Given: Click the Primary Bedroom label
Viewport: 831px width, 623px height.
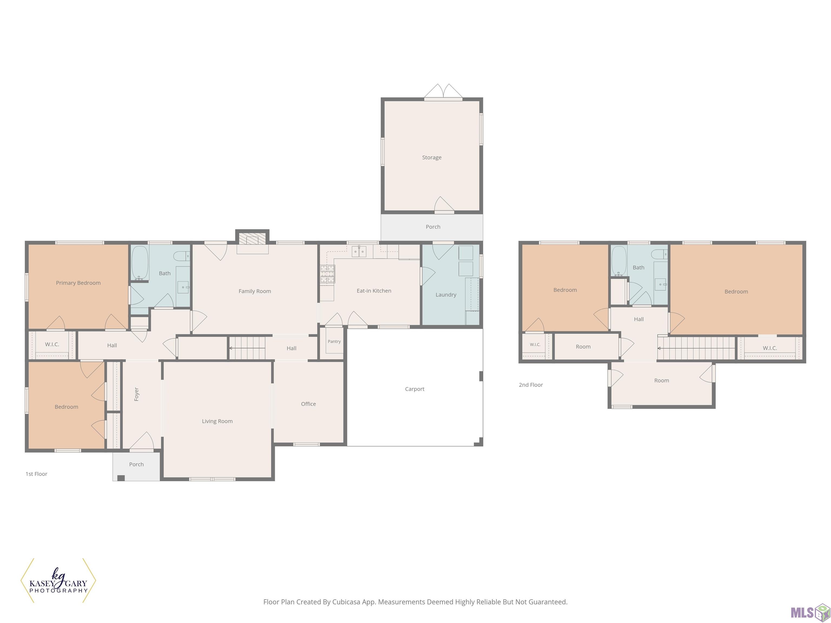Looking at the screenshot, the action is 78,283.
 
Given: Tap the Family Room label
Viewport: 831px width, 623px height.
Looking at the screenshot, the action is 255,291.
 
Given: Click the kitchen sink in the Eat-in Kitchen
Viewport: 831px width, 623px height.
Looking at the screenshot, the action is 359,251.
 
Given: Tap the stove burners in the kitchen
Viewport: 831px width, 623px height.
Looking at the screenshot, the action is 328,274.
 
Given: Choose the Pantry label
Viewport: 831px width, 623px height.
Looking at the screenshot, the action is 334,341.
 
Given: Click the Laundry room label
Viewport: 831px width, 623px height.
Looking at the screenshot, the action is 446,295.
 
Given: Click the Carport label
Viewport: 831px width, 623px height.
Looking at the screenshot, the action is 415,389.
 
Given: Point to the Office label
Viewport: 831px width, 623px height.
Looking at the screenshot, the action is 308,404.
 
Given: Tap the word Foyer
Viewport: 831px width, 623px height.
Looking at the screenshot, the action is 136,394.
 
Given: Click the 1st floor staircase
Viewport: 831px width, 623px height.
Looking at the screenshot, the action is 247,348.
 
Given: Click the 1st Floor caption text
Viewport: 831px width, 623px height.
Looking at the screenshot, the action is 37,474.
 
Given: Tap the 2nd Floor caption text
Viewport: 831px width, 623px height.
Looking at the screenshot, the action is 531,385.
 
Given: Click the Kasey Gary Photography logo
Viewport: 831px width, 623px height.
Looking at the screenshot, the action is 58,581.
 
